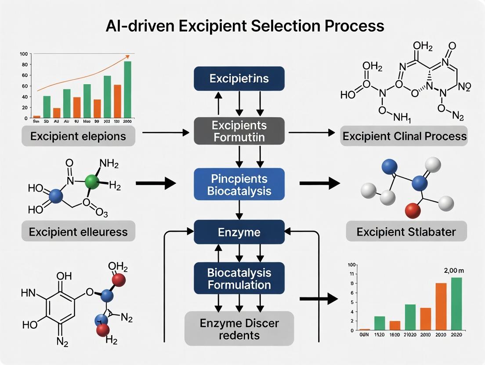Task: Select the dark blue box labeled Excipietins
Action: (239, 79)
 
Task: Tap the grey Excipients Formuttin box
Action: (239, 131)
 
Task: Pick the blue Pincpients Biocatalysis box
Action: (239, 185)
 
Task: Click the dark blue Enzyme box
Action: (239, 232)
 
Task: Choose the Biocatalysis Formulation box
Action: (239, 279)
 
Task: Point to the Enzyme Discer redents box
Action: (239, 329)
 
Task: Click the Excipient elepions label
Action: (78, 136)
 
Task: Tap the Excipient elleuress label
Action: (78, 232)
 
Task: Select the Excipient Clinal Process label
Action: (404, 136)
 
